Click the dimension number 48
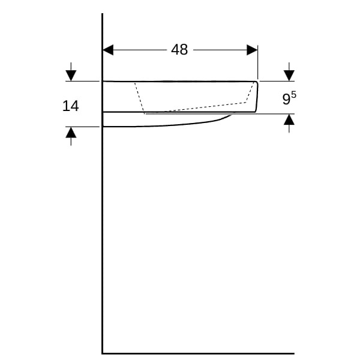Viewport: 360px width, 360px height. pyautogui.click(x=179, y=49)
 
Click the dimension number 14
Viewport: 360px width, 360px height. pyautogui.click(x=70, y=106)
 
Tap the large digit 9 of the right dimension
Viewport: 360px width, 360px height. pyautogui.click(x=286, y=99)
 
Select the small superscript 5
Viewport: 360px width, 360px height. pyautogui.click(x=293, y=94)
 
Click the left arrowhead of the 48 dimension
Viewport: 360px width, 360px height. pyautogui.click(x=108, y=50)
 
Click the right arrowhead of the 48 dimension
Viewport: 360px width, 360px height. pyautogui.click(x=252, y=50)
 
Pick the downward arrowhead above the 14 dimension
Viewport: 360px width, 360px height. pyautogui.click(x=71, y=76)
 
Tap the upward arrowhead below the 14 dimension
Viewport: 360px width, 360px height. pyautogui.click(x=71, y=133)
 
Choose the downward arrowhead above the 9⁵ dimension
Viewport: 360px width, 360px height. pyautogui.click(x=289, y=76)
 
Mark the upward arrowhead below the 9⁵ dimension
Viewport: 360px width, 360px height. pyautogui.click(x=289, y=119)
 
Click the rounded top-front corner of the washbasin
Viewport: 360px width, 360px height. pyautogui.click(x=256, y=82)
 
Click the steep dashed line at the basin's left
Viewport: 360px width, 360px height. pyautogui.click(x=140, y=98)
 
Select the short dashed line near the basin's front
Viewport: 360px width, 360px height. pyautogui.click(x=250, y=92)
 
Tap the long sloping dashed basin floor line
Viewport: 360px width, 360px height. pyautogui.click(x=195, y=108)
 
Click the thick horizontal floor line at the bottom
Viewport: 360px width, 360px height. pyautogui.click(x=199, y=353)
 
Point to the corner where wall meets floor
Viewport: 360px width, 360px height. pyautogui.click(x=102, y=353)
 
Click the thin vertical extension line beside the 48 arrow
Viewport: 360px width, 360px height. pyautogui.click(x=257, y=62)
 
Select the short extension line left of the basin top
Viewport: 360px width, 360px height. pyautogui.click(x=82, y=81)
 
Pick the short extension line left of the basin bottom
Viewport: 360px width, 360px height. pyautogui.click(x=82, y=127)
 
